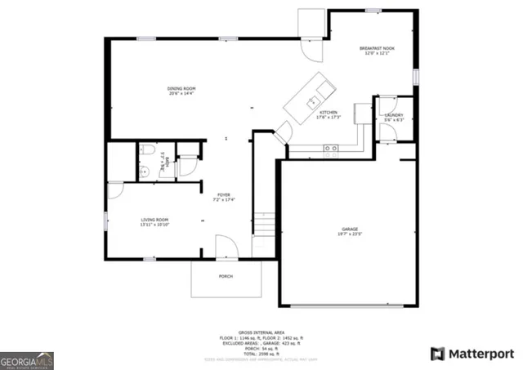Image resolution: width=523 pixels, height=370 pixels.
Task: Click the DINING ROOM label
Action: tap(181, 88)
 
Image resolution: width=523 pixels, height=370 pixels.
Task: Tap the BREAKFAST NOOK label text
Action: tap(378, 49)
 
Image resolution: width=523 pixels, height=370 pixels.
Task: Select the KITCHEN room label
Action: tap(329, 112)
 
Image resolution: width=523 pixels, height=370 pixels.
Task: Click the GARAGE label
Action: tap(350, 229)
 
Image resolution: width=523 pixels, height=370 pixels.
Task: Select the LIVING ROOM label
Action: tap(155, 219)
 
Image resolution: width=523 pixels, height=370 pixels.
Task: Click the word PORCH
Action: tap(226, 276)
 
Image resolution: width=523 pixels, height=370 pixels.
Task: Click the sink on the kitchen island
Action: tap(312, 101)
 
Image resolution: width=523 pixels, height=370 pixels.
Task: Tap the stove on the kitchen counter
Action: tap(331, 148)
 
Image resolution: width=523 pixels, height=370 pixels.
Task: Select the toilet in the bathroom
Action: tap(147, 150)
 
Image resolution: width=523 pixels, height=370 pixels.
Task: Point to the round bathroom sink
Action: tap(143, 170)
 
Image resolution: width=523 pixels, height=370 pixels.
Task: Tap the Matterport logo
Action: tap(472, 354)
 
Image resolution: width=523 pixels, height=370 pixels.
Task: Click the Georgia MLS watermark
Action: tap(27, 360)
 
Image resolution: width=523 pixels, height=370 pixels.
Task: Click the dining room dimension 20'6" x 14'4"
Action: tap(181, 94)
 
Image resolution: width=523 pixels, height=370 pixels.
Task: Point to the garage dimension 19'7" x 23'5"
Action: tap(350, 234)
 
